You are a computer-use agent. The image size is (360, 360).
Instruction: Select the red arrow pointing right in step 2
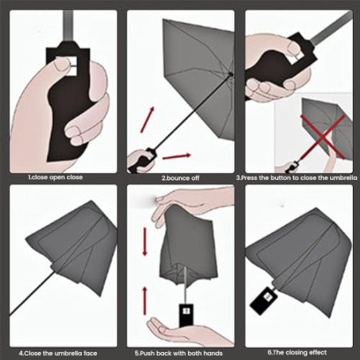coord(179,155)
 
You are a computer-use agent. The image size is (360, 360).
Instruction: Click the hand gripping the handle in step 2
coord(139,162)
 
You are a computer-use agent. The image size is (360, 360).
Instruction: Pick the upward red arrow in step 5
coord(146,299)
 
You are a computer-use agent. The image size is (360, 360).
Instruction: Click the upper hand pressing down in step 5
coord(191,209)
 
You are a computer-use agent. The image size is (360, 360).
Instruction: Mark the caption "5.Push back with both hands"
coord(179,351)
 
